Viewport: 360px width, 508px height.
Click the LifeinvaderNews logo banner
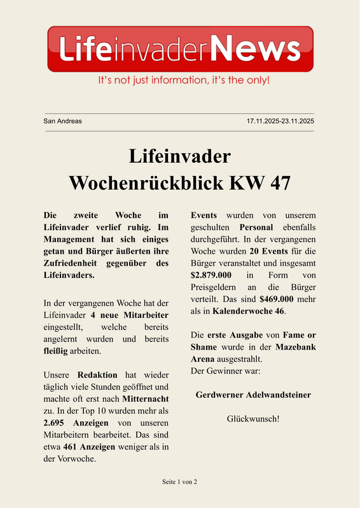(180, 49)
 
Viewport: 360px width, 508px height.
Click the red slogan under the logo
(184, 81)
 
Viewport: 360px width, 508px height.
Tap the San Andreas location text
(62, 121)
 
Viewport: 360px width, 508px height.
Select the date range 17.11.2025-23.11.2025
(280, 121)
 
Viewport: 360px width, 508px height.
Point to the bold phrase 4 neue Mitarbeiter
(129, 315)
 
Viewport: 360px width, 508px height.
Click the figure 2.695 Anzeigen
(78, 423)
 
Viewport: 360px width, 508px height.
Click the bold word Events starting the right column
(204, 215)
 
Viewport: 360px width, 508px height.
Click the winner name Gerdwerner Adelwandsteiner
(253, 395)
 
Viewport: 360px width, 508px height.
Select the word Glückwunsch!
(253, 419)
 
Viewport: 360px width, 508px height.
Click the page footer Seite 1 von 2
(180, 482)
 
